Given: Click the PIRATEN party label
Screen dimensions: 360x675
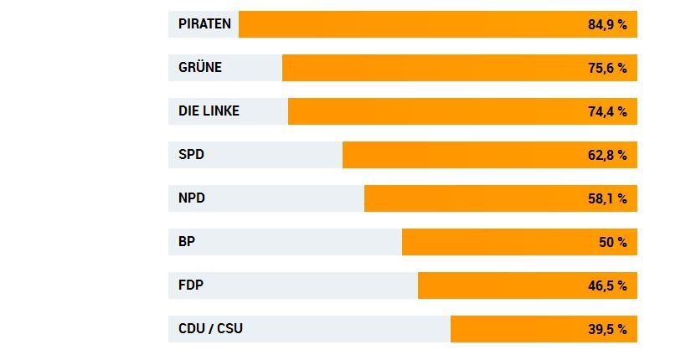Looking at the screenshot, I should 204,24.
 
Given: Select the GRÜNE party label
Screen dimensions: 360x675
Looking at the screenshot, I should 200,68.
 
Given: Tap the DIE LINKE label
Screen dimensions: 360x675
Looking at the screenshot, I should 209,111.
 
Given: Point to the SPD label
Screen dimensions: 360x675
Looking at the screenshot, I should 191,155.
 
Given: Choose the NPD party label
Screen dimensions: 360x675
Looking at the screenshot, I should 192,198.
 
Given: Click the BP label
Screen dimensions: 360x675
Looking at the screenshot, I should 187,242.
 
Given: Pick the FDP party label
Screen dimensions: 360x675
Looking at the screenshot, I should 191,285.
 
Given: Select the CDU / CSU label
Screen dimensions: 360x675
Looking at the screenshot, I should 210,329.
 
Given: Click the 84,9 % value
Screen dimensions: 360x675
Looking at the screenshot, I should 607,24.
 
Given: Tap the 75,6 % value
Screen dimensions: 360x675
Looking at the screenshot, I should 607,68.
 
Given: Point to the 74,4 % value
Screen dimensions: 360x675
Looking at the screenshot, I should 607,111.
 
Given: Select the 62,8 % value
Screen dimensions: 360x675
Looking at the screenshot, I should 607,155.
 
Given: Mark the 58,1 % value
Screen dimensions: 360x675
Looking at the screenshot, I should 607,198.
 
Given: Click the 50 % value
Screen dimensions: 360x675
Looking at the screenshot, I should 612,242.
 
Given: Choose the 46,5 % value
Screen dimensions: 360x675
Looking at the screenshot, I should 607,285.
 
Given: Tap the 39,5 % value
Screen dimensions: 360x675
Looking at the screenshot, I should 607,329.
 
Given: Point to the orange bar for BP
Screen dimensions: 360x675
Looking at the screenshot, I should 494,242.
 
